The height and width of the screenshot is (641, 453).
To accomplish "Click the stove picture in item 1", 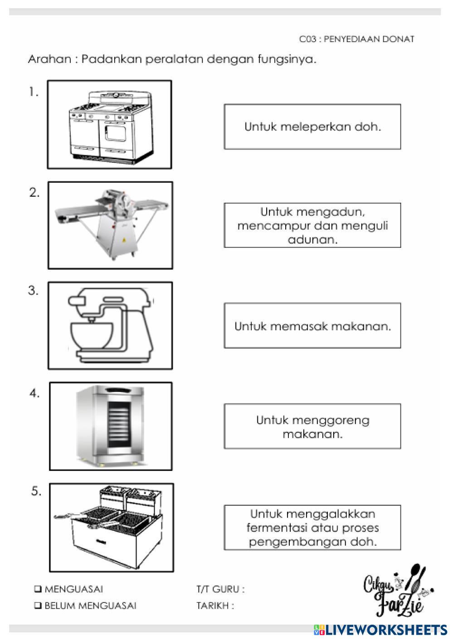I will pyautogui.click(x=110, y=125).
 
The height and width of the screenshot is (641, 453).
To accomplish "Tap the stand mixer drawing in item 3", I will pyautogui.click(x=110, y=326).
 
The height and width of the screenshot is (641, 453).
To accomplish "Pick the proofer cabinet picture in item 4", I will pyautogui.click(x=111, y=426).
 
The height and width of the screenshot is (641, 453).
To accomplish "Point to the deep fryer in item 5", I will pyautogui.click(x=111, y=527).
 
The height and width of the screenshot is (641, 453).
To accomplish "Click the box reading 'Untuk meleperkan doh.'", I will pyautogui.click(x=312, y=127).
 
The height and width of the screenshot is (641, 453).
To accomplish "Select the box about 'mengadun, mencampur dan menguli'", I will pyautogui.click(x=312, y=225).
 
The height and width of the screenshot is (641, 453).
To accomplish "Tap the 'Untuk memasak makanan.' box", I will pyautogui.click(x=312, y=326).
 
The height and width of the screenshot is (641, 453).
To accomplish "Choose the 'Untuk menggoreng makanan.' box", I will pyautogui.click(x=312, y=426).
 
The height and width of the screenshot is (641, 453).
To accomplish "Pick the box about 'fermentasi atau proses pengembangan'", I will pyautogui.click(x=312, y=528).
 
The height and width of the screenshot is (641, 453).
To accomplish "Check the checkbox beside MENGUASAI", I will pyautogui.click(x=38, y=589).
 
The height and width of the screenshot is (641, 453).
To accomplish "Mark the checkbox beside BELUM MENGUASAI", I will pyautogui.click(x=38, y=606).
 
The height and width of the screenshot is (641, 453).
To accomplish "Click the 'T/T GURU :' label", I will pyautogui.click(x=220, y=589).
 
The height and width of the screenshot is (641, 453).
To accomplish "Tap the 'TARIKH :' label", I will pyautogui.click(x=215, y=606).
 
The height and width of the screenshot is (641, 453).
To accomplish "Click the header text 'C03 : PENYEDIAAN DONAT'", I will pyautogui.click(x=356, y=39).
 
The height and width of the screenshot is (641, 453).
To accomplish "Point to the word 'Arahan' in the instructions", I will pyautogui.click(x=49, y=59).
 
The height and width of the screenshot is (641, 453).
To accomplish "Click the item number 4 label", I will pyautogui.click(x=34, y=393).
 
